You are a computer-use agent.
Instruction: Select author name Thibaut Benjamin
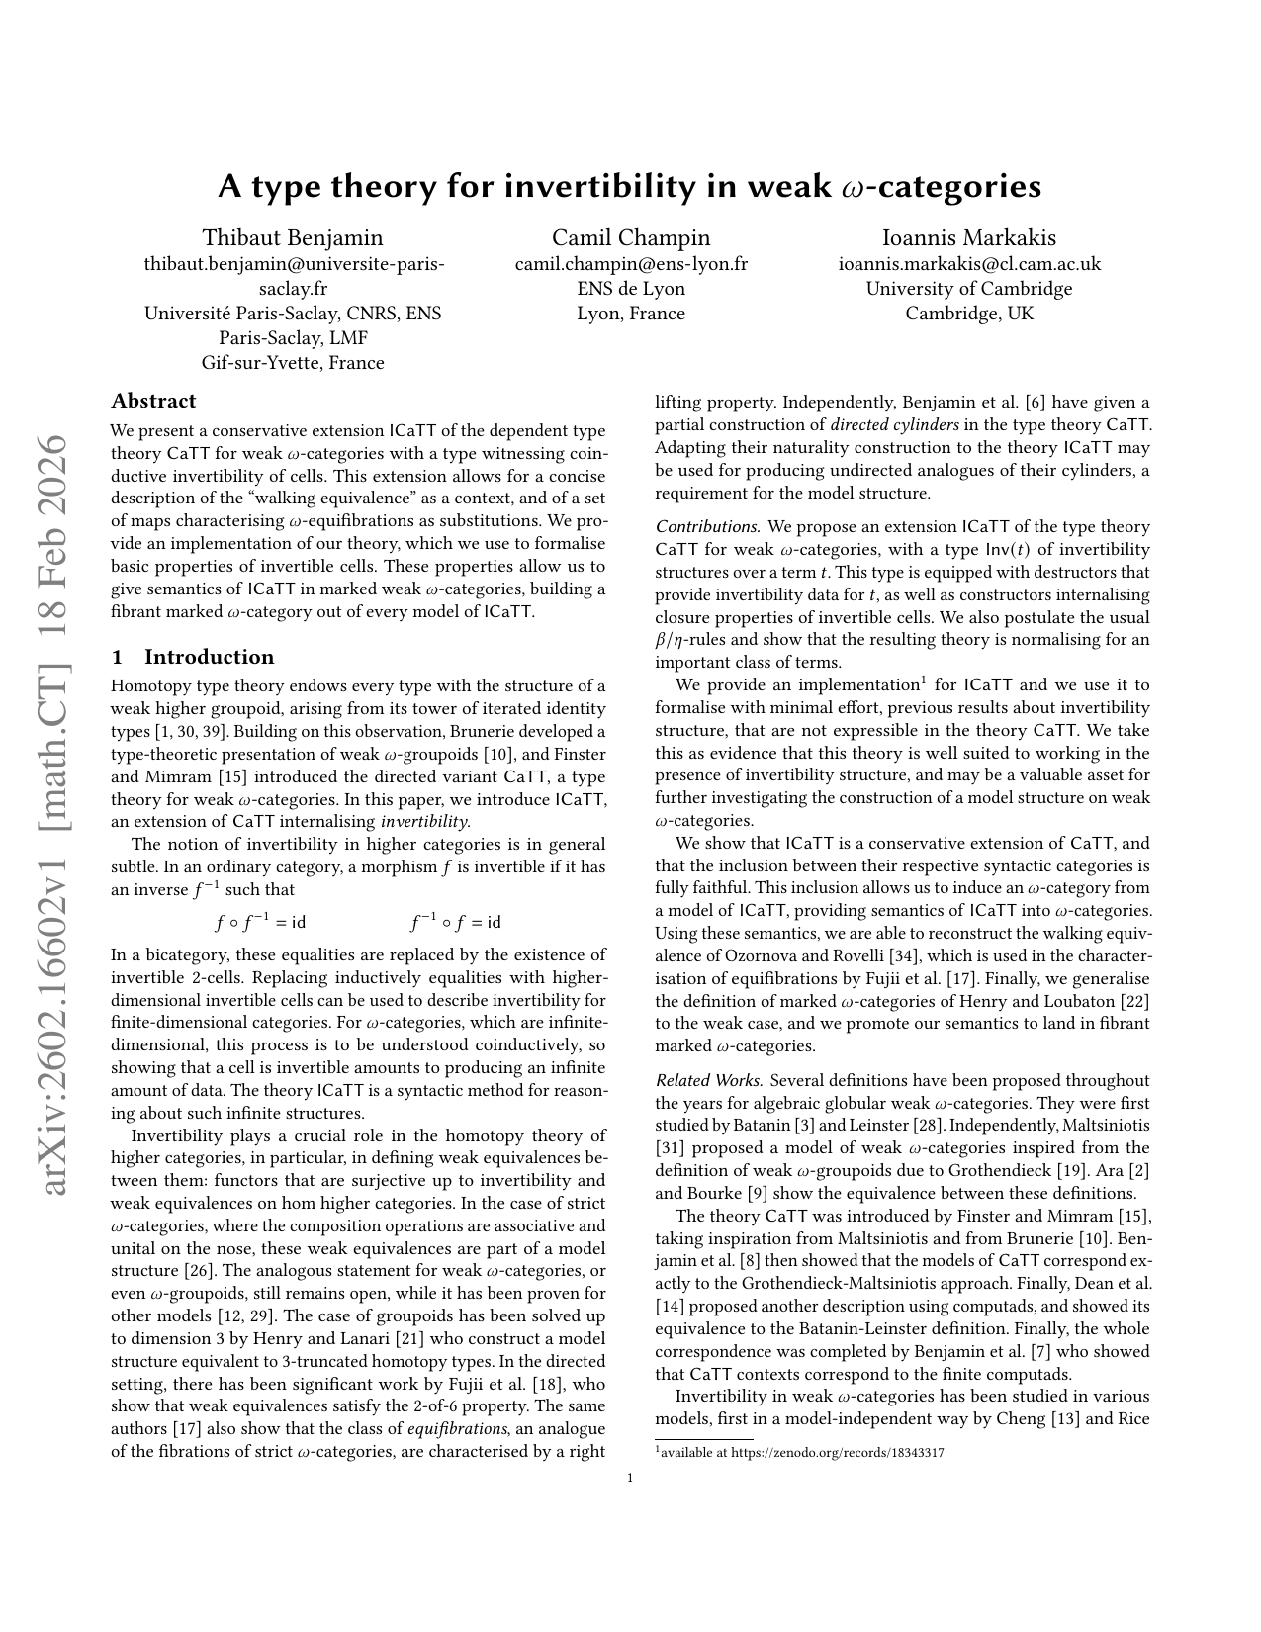(293, 237)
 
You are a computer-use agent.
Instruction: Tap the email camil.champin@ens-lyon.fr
(631, 264)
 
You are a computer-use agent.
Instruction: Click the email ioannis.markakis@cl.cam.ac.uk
(969, 264)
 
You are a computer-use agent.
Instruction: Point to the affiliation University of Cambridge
(969, 289)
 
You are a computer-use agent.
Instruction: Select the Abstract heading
(153, 401)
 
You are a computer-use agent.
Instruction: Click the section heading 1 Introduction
(193, 657)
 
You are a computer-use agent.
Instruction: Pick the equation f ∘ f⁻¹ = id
(260, 922)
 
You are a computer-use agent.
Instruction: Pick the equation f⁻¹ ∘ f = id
(455, 922)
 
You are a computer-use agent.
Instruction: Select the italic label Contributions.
(706, 527)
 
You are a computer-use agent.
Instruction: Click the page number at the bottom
(630, 1479)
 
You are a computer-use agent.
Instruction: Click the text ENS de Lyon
(631, 289)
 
